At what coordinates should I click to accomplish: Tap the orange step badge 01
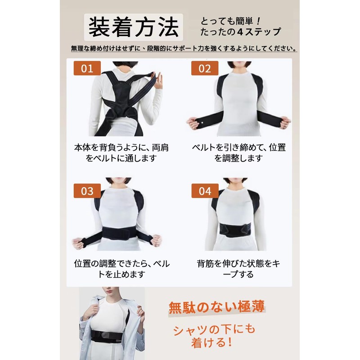tap(87, 69)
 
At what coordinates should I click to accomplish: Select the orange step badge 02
tap(205, 69)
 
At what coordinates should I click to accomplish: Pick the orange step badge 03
tap(87, 191)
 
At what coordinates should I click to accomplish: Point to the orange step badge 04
tap(205, 191)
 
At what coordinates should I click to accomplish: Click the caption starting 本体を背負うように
tap(121, 153)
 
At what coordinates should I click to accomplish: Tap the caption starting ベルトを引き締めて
tap(239, 153)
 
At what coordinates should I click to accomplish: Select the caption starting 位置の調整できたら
tap(121, 269)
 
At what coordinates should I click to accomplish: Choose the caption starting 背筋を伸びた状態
tap(238, 269)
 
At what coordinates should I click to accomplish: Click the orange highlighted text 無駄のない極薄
tap(216, 307)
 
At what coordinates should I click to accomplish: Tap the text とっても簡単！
tap(229, 21)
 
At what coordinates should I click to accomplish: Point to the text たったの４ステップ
tap(242, 32)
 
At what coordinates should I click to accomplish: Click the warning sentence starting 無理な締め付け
tap(183, 48)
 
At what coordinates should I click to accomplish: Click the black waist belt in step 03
tap(120, 234)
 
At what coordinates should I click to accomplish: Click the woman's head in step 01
tap(123, 65)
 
